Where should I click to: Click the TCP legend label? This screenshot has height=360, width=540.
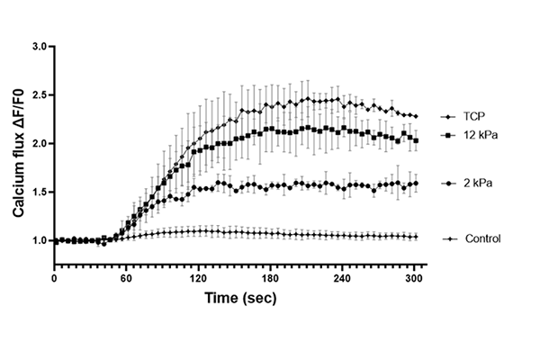[x=472, y=117]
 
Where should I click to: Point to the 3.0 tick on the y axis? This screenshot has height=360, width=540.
[x=40, y=46]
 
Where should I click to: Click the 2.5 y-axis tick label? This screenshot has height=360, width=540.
[x=40, y=94]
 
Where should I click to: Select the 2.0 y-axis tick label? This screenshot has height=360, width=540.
[x=40, y=143]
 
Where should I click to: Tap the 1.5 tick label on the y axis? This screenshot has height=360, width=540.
[x=40, y=192]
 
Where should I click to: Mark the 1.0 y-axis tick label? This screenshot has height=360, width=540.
[x=40, y=240]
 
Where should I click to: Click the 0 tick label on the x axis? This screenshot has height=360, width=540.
[x=54, y=278]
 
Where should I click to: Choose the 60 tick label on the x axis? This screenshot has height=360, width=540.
[x=126, y=278]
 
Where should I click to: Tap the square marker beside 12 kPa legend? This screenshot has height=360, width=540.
[x=447, y=135]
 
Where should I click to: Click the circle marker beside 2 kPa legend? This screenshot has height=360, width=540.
[x=447, y=184]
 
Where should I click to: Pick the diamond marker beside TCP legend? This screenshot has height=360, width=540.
[x=447, y=117]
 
